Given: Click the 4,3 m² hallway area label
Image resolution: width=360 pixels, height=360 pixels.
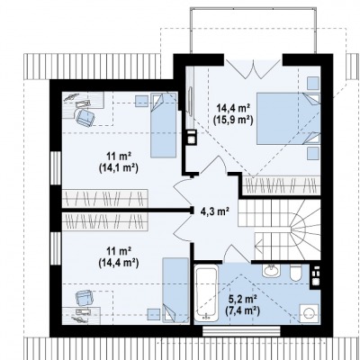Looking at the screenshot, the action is tap(215, 211).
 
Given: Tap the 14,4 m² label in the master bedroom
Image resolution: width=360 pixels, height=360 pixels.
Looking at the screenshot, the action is tap(234, 107).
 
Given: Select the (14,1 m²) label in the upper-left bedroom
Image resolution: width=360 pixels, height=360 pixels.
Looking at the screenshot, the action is tap(118, 169).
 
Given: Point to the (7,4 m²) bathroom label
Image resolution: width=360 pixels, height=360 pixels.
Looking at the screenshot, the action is tap(242, 310).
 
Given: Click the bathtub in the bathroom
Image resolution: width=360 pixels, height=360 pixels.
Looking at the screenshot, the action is tap(206, 293).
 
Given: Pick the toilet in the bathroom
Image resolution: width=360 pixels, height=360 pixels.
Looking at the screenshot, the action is tap(296, 272).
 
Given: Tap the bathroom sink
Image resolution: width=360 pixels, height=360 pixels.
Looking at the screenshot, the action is tap(272, 271).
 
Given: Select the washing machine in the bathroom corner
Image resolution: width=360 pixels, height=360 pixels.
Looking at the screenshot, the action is tap(309, 313).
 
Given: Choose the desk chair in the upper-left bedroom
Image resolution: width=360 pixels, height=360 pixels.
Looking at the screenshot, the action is tap(85, 117).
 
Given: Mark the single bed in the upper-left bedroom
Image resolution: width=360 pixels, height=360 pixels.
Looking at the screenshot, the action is tap(164, 125).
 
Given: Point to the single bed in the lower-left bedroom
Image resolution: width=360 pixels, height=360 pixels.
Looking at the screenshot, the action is tap(175, 291).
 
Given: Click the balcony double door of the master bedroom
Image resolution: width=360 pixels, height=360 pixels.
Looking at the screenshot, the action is tap(254, 68).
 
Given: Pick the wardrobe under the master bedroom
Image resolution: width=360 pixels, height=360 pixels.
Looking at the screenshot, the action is tap(282, 185).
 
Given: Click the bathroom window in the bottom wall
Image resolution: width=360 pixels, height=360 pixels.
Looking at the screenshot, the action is tap(241, 331).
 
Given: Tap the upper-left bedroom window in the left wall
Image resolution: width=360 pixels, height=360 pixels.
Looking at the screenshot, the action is tap(56, 168).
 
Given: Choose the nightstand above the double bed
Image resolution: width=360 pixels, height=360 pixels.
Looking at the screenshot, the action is tap(313, 83).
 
